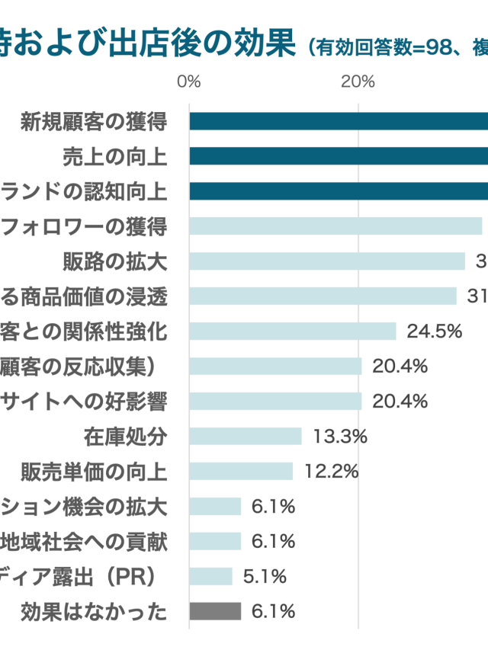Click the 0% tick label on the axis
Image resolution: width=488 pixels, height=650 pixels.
[188, 82]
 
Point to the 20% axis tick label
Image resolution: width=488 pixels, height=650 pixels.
[358, 82]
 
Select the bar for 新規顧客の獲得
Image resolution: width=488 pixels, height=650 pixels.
[339, 121]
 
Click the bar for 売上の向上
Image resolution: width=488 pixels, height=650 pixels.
[339, 156]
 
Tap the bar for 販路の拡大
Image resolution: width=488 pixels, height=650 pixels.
[327, 261]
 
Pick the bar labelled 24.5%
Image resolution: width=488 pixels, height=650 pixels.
[293, 331]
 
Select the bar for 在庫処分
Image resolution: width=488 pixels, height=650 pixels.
[246, 436]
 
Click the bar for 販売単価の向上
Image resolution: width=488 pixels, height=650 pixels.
[241, 471]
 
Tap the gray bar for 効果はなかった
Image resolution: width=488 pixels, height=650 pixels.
[215, 611]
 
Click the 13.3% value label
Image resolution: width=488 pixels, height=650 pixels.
[340, 436]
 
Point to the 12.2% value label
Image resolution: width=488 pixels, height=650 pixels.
[332, 471]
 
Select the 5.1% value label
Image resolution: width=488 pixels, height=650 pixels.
[265, 576]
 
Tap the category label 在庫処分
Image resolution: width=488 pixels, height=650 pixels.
[125, 436]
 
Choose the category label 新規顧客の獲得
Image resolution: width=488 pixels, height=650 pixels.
[94, 121]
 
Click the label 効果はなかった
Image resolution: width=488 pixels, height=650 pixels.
[94, 611]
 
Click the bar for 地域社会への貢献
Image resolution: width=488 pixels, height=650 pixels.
[215, 541]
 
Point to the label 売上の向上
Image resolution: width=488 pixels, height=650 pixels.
[114, 156]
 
